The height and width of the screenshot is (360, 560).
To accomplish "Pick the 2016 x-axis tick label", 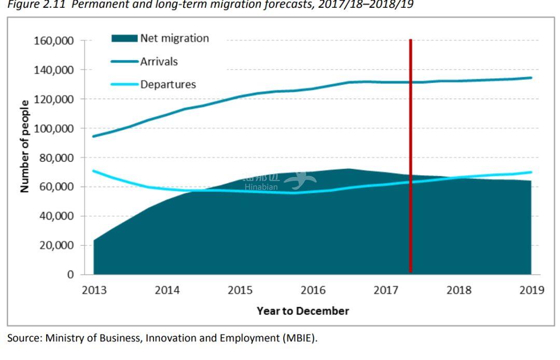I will coord(313,290).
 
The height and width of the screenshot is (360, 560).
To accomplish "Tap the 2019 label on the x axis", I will coord(531,290).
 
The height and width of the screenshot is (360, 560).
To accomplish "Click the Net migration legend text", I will coord(174,38).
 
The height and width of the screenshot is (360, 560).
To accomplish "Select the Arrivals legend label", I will coord(159,62).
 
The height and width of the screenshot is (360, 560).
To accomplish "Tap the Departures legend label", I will coord(168,85).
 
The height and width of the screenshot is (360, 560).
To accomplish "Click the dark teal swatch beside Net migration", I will coord(124,38).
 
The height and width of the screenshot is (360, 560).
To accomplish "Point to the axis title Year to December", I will coord(303,311).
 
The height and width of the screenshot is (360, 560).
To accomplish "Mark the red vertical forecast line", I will coord(411,156).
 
